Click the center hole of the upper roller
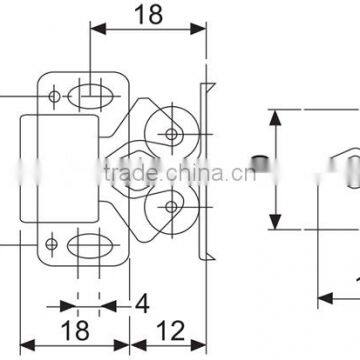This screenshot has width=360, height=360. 173,132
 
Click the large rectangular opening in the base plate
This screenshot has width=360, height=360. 59,158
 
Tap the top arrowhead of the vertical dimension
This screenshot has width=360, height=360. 275,118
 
